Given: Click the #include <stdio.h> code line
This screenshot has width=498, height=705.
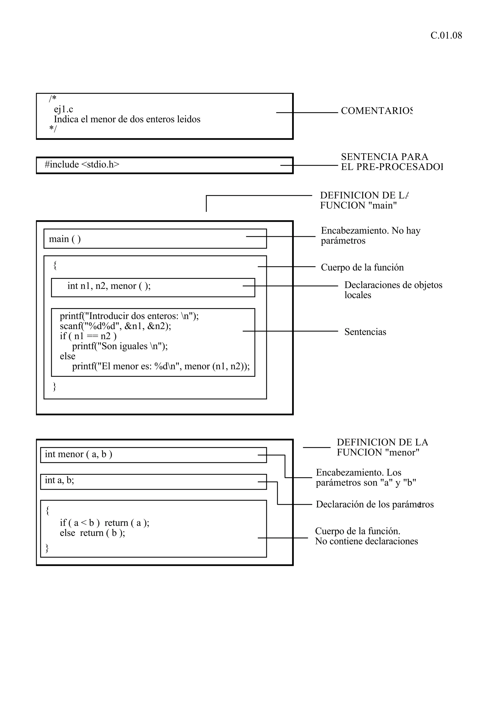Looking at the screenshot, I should [82, 165].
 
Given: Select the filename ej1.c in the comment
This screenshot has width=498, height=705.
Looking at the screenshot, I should [63, 109].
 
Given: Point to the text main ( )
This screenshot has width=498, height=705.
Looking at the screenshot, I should [65, 239].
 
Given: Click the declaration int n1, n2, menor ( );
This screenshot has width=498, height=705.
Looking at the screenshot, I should [109, 286].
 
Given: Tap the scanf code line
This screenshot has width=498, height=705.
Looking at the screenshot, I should [115, 326].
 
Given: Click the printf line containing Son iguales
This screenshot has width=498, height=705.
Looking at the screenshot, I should [120, 346].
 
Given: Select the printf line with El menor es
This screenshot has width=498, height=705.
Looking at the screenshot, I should [160, 366].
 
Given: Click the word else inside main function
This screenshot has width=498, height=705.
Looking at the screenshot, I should [68, 356].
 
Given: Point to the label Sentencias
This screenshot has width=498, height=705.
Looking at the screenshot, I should [365, 332].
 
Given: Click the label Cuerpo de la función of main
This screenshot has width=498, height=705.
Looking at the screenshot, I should [362, 267].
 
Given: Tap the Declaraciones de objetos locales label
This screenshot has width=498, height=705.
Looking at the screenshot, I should [393, 290].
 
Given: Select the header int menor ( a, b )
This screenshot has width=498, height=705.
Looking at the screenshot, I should [79, 454].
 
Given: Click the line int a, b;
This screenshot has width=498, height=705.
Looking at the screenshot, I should [60, 480].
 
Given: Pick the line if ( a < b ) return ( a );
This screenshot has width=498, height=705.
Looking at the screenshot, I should [104, 523].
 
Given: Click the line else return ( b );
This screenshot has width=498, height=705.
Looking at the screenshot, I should [92, 533].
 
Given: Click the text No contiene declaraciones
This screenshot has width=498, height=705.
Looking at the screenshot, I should [366, 541].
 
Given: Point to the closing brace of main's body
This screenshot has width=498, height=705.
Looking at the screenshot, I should [55, 387].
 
